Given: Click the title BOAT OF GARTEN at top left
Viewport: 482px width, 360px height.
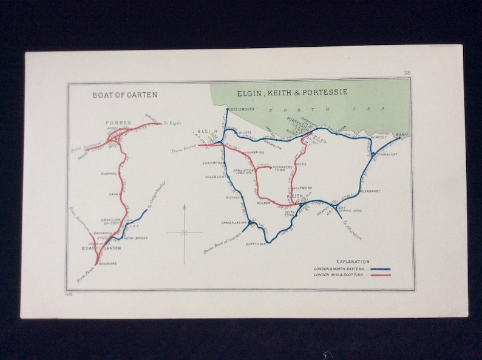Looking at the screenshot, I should tap(124, 95).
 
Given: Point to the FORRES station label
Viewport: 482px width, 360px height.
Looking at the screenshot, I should tap(118, 123).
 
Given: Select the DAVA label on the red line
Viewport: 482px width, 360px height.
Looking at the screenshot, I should tap(114, 194).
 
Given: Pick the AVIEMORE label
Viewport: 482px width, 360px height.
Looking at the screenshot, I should tap(107, 263).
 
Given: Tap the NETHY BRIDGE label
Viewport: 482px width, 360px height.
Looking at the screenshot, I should tap(135, 238).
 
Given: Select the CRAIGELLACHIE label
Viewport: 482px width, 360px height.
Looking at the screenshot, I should tap(234, 223).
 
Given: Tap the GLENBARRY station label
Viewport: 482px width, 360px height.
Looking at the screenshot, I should tap(369, 191).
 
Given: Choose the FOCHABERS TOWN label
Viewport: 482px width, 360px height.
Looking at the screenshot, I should tap(283, 167).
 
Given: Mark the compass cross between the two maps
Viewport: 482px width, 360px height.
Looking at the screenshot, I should tap(184, 231).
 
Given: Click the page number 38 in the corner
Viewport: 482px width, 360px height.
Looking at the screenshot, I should tap(406, 73).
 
